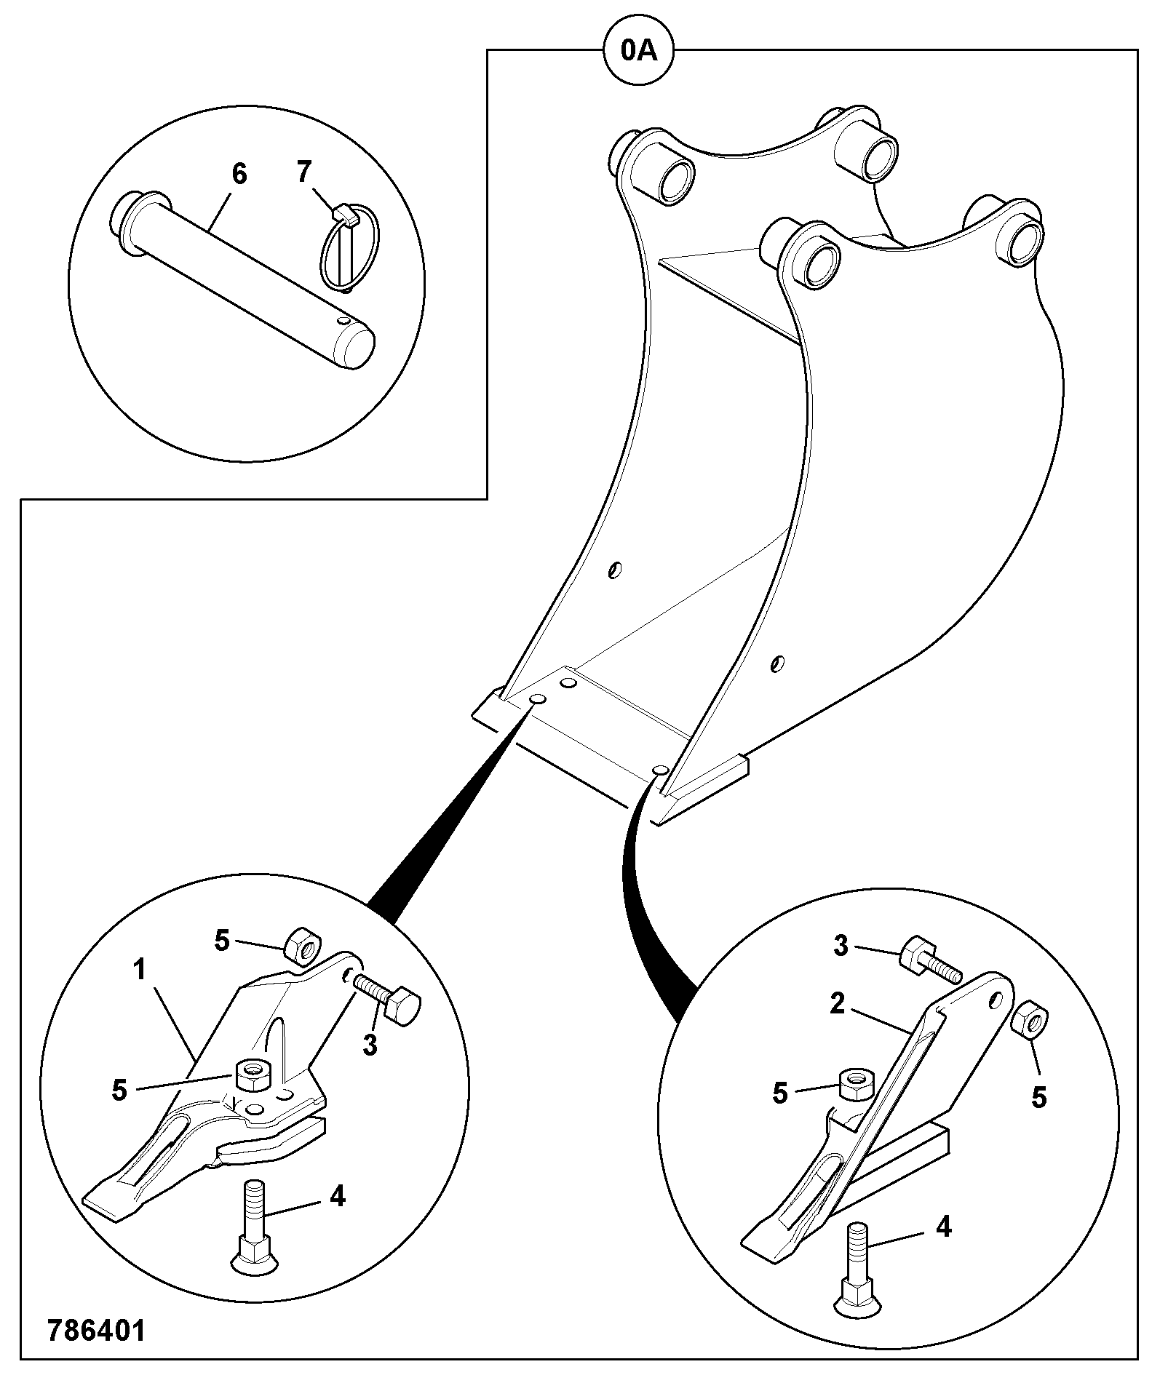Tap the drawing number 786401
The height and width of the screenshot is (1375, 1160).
point(96,1328)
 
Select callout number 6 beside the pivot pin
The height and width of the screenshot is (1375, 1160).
point(239,175)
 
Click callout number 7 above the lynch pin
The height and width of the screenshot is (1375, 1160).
point(304,172)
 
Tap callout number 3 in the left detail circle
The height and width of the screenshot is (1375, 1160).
point(370,1045)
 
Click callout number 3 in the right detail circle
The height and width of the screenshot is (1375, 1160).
point(841,947)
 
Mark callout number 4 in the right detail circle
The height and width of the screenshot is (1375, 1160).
point(942,1227)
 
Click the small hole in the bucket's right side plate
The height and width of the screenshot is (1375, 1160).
point(777,663)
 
